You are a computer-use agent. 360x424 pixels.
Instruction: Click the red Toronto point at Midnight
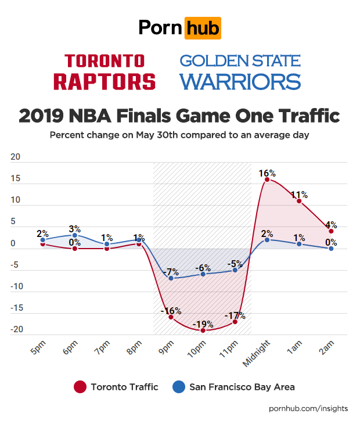click(267, 179)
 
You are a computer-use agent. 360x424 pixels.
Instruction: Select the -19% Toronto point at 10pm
click(203, 330)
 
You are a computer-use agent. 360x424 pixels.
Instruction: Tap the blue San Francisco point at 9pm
click(171, 278)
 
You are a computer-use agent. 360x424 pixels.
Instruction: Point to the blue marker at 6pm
click(75, 235)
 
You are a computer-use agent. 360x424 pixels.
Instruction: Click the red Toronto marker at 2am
click(331, 231)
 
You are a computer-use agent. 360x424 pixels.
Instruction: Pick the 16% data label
click(268, 173)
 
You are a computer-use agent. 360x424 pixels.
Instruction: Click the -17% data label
click(235, 316)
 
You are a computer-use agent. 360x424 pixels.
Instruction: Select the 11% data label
click(300, 195)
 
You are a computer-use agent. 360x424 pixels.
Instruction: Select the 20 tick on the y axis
click(16, 157)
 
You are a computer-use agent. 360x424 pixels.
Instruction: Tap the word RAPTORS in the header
click(105, 81)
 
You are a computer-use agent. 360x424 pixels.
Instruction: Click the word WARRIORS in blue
click(239, 81)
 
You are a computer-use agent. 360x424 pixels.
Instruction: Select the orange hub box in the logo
click(202, 28)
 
